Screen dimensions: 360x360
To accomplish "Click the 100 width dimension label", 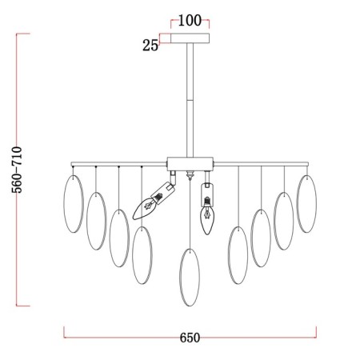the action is point(190,21).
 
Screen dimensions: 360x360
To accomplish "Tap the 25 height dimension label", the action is point(150,46).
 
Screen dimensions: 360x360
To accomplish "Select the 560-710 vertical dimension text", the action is point(17,170).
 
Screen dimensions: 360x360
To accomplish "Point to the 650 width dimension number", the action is point(190,338).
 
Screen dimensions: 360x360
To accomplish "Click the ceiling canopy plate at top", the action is point(190,38).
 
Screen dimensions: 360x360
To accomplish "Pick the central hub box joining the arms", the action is point(190,164).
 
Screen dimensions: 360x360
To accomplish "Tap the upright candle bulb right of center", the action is point(207,219).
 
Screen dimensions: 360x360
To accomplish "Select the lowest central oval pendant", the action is point(190,278).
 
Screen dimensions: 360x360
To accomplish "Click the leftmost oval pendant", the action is point(74,204).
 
